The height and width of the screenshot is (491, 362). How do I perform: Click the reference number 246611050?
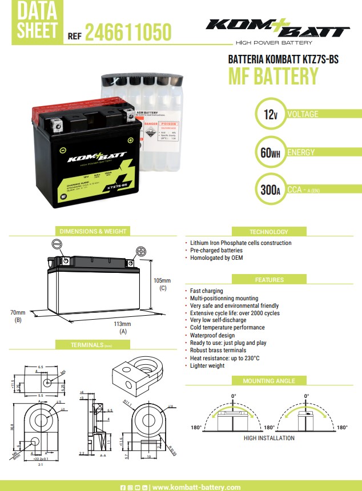pyautogui.click(x=128, y=34)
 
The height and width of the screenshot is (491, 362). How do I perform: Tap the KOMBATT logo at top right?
pyautogui.click(x=277, y=27)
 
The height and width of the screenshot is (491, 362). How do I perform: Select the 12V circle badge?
pyautogui.click(x=268, y=115)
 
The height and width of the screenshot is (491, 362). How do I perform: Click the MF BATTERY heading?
pyautogui.click(x=273, y=77)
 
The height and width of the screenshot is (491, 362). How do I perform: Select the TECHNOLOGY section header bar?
pyautogui.click(x=269, y=232)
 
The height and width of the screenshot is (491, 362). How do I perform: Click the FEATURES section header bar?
pyautogui.click(x=269, y=280)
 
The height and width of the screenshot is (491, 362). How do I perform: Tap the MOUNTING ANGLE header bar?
pyautogui.click(x=269, y=381)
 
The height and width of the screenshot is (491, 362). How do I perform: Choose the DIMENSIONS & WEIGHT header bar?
pyautogui.click(x=93, y=231)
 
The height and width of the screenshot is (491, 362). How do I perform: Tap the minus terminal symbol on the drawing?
pyautogui.click(x=57, y=244)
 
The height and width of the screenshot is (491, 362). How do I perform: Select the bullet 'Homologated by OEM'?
pyautogui.click(x=216, y=258)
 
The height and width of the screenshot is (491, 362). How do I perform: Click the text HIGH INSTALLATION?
pyautogui.click(x=269, y=438)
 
